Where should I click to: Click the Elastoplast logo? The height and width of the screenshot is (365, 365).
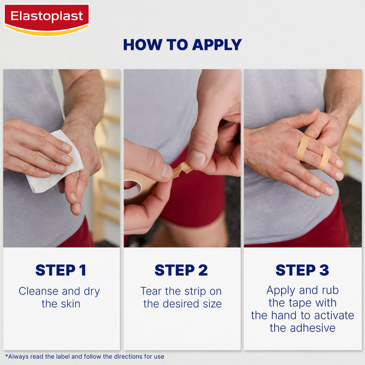[46, 19]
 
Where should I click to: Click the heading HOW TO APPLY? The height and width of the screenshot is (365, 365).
[182, 45]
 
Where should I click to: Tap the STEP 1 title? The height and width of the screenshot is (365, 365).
[61, 270]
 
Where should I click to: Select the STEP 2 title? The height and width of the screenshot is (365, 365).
[181, 270]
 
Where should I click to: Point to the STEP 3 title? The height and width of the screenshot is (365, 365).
[302, 270]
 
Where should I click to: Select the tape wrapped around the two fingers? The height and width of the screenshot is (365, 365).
[313, 154]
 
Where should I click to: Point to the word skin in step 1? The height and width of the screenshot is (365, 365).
[70, 303]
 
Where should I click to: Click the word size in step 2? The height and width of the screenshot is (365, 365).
[211, 303]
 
